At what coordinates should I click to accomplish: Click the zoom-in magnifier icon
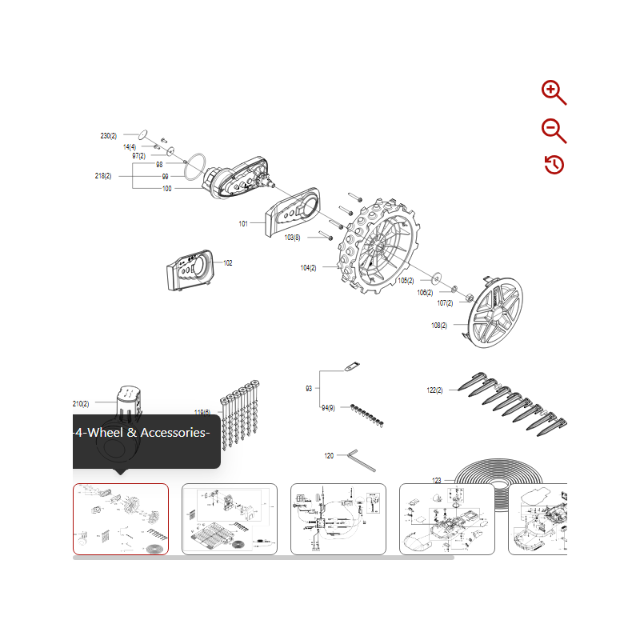554,93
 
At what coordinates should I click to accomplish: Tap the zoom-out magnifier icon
554,130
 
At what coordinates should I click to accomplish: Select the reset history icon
554,165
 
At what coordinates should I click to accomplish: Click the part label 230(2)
108,136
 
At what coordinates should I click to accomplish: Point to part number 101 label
243,224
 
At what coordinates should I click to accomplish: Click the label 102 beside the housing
228,263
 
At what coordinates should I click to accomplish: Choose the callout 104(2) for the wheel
308,268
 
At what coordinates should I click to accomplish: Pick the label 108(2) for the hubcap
439,326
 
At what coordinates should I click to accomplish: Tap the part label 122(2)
435,390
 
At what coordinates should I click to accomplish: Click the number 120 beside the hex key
329,455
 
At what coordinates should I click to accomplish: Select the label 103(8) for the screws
292,238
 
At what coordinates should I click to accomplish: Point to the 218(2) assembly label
102,176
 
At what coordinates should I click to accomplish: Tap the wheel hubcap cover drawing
496,312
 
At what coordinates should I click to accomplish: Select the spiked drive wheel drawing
378,246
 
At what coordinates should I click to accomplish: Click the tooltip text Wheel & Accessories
142,433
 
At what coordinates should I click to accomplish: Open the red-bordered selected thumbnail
121,519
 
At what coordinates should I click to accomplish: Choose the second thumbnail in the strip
230,519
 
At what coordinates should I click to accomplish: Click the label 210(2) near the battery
81,404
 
